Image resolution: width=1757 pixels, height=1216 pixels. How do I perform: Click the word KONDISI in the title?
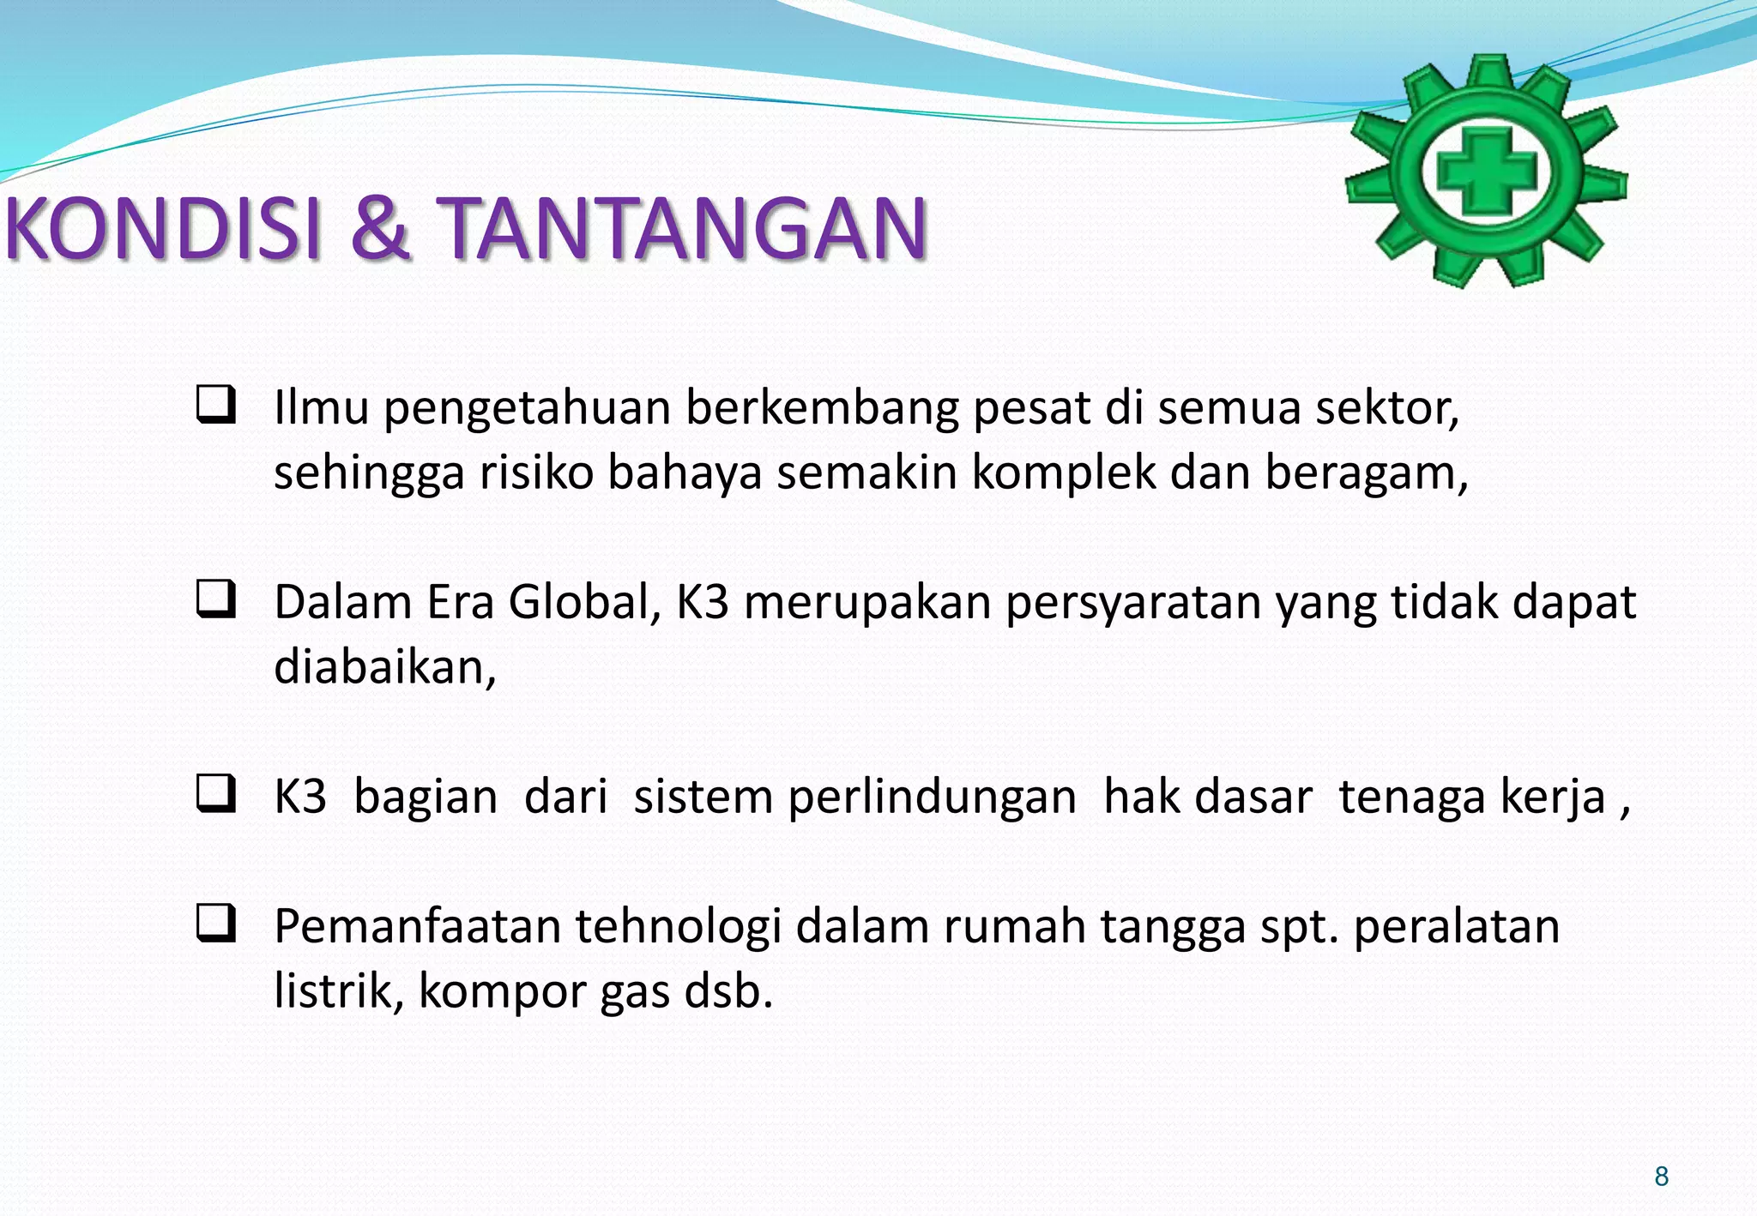[163, 228]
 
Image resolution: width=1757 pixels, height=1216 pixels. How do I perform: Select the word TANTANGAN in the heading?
[682, 228]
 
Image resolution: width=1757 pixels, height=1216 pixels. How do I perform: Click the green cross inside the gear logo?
[1486, 171]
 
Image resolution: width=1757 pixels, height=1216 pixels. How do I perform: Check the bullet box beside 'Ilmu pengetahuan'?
[215, 405]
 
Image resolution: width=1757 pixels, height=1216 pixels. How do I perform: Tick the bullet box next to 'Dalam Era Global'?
[215, 599]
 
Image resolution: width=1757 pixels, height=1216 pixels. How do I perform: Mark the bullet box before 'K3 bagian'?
[215, 793]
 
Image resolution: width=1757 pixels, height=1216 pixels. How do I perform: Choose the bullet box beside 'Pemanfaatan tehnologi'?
[215, 924]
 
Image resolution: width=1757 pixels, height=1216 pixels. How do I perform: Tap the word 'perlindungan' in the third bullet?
[932, 798]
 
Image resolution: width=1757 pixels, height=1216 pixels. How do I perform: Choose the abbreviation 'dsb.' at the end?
[728, 991]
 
